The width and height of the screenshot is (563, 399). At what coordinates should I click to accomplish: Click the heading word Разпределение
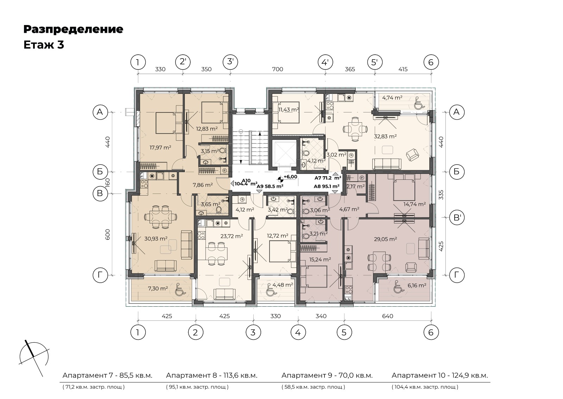[74, 30]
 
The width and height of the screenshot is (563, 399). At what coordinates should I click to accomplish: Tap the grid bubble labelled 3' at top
[230, 62]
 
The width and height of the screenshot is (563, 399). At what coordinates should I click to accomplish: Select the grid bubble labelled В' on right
[457, 217]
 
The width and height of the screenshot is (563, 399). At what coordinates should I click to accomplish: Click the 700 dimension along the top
[278, 69]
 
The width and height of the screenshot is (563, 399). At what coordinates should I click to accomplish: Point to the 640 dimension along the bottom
[387, 316]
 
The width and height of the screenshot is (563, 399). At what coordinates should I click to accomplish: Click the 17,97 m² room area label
[160, 147]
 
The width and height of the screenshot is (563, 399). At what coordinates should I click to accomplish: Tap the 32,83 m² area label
[385, 136]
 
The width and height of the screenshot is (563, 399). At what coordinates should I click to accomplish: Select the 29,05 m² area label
[385, 239]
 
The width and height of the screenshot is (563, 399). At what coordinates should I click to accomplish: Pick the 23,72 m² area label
[232, 236]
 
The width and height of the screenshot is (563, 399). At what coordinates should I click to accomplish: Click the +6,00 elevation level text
[290, 177]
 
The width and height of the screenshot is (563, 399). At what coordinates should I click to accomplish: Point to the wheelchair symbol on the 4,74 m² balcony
[418, 103]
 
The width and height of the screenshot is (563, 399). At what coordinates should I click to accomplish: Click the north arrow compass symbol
[34, 357]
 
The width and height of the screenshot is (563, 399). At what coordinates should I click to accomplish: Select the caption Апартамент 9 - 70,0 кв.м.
[327, 375]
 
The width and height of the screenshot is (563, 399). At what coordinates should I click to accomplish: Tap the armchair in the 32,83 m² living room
[412, 155]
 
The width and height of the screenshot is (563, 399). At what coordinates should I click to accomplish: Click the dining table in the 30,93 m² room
[161, 217]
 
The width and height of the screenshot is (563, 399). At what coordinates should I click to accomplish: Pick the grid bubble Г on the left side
[100, 275]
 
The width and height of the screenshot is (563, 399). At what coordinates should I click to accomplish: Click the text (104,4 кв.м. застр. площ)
[425, 387]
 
